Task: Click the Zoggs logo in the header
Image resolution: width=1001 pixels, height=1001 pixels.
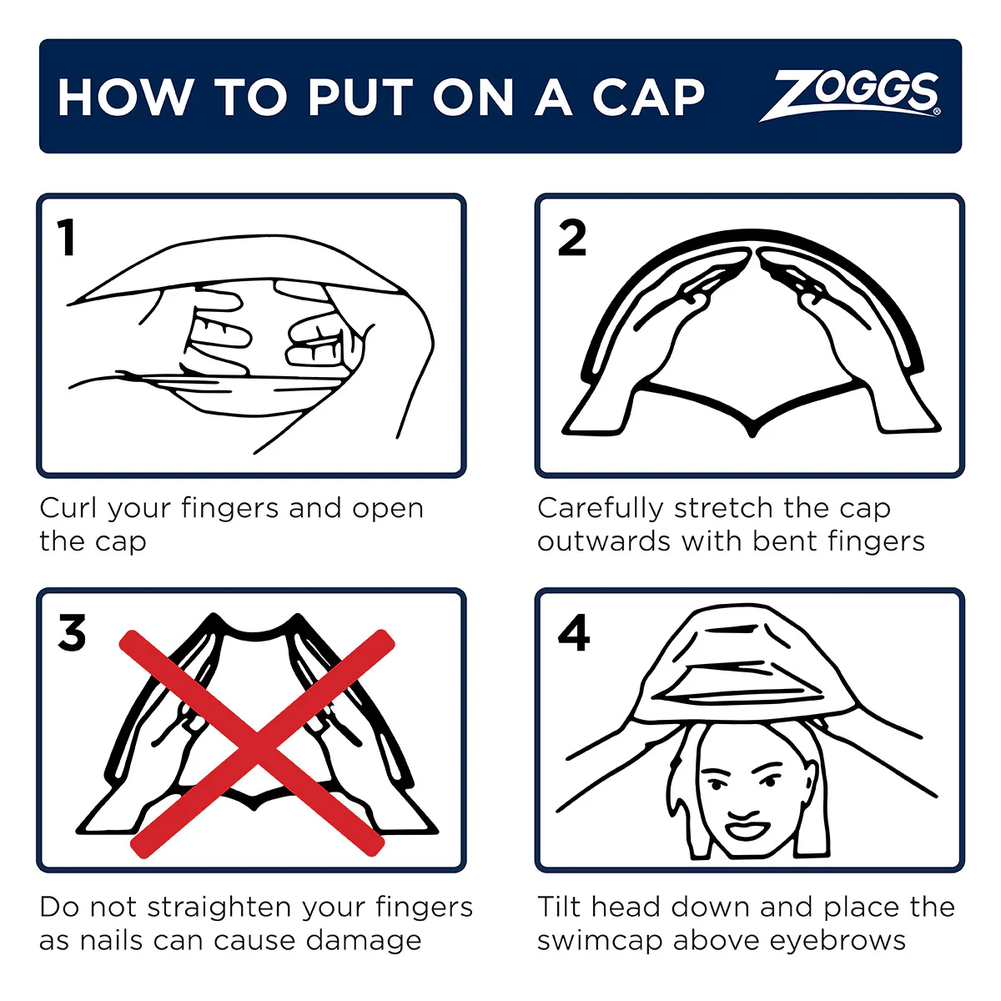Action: click(x=851, y=95)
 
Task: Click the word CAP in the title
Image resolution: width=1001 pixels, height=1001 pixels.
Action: click(x=648, y=98)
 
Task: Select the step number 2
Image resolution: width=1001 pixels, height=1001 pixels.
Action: click(x=572, y=239)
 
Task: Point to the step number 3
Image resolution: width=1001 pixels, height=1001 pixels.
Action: click(x=72, y=633)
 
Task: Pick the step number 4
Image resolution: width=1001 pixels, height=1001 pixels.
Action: click(x=574, y=633)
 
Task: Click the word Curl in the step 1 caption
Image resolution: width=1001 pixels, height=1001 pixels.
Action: click(x=70, y=508)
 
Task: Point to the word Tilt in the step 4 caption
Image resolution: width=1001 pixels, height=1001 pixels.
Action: click(x=560, y=907)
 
